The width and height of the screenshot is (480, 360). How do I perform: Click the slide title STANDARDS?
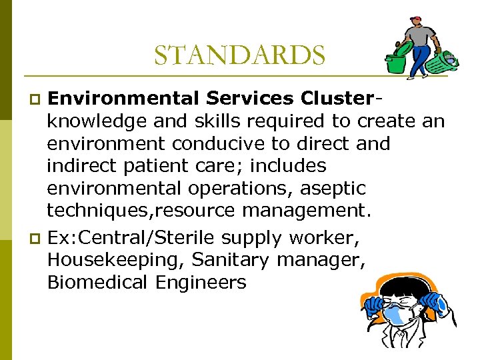(x=239, y=55)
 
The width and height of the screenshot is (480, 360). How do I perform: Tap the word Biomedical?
(x=97, y=283)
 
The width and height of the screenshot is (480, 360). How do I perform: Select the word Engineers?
(x=201, y=283)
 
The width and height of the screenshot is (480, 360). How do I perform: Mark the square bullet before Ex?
(x=37, y=238)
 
